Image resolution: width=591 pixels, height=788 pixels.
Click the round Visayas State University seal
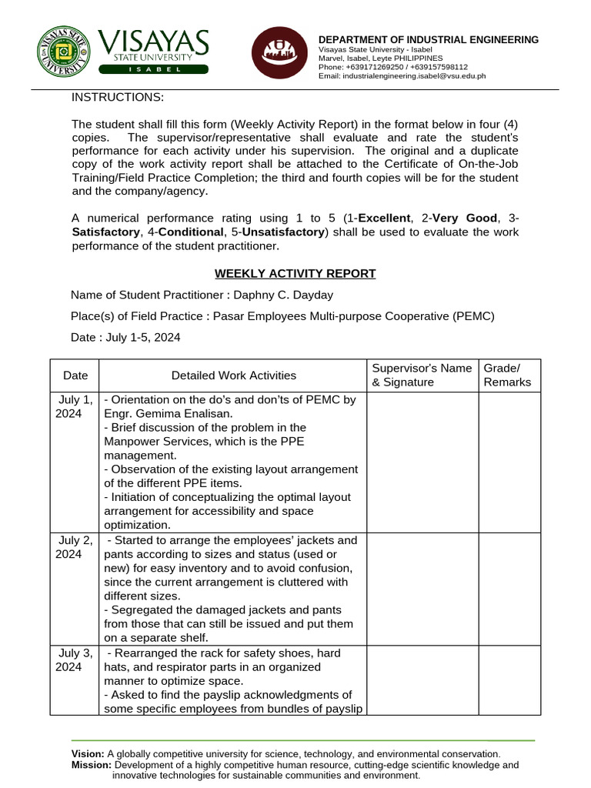(x=63, y=53)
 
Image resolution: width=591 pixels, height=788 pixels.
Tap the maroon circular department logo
(x=279, y=53)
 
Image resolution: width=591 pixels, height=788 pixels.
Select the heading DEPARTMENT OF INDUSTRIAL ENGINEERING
(x=429, y=40)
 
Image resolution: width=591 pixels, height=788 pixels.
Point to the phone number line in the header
(x=392, y=67)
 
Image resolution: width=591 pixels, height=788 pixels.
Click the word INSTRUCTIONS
(x=118, y=97)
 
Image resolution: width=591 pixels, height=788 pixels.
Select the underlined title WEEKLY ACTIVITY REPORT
(x=295, y=273)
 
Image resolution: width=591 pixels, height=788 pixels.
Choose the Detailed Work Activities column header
(x=233, y=376)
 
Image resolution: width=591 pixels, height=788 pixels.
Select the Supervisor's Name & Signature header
(x=421, y=376)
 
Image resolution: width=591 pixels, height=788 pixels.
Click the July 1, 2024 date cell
(x=75, y=406)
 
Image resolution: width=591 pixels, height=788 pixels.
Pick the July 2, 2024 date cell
(x=75, y=547)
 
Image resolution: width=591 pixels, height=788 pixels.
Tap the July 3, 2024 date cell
(x=75, y=659)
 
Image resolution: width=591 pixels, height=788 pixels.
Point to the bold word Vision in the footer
(x=88, y=754)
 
